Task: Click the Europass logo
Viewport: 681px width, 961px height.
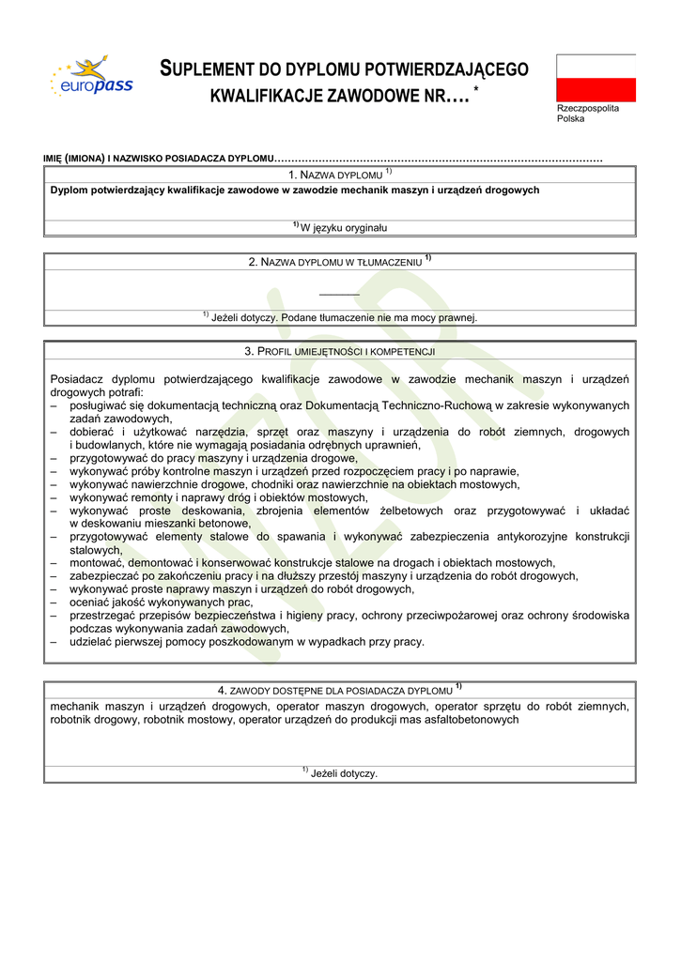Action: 91,78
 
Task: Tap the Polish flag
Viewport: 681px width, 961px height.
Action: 596,77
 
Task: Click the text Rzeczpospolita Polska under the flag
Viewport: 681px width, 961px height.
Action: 588,114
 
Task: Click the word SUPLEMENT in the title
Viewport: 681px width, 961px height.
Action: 209,69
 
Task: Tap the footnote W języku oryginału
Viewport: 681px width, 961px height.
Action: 340,227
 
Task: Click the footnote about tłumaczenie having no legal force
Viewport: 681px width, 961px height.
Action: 340,317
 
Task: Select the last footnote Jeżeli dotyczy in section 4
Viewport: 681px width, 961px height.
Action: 340,773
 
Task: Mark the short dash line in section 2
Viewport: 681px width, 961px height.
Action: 339,295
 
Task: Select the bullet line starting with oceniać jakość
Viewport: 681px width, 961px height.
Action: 161,603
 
